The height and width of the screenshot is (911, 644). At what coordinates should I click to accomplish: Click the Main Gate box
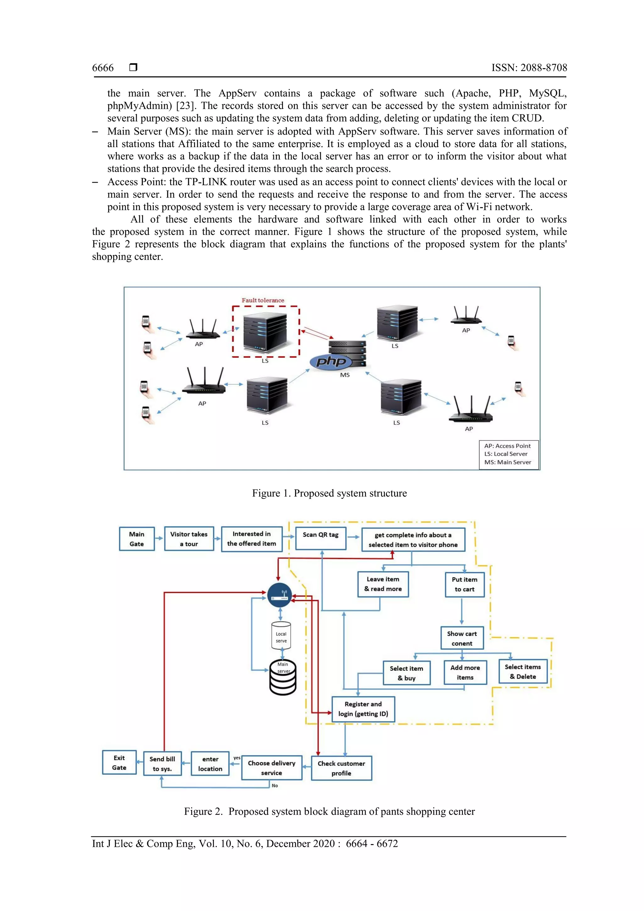click(136, 538)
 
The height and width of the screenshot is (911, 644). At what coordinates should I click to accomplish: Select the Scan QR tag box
click(321, 538)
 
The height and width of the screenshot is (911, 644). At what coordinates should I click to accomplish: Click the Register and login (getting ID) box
click(363, 709)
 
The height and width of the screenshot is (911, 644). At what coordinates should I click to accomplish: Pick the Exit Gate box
click(119, 762)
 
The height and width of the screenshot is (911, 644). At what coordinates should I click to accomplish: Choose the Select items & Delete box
click(523, 671)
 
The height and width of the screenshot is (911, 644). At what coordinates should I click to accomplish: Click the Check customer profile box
click(341, 768)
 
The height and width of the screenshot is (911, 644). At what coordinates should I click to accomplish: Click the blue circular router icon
click(280, 596)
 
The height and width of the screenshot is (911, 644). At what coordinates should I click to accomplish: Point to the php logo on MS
click(330, 361)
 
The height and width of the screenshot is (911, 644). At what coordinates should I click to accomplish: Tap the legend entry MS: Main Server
click(508, 462)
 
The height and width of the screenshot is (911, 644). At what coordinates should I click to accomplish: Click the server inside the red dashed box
click(265, 332)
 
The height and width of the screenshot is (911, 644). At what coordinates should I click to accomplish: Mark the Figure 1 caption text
click(329, 493)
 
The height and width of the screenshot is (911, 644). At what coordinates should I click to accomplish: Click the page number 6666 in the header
click(103, 68)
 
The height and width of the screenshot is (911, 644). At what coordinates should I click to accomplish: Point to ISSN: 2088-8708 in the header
click(529, 68)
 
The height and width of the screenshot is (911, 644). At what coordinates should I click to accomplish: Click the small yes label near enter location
click(236, 758)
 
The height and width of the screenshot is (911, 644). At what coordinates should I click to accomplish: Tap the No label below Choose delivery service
click(275, 785)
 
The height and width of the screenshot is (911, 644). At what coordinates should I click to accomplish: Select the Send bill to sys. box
click(162, 764)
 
